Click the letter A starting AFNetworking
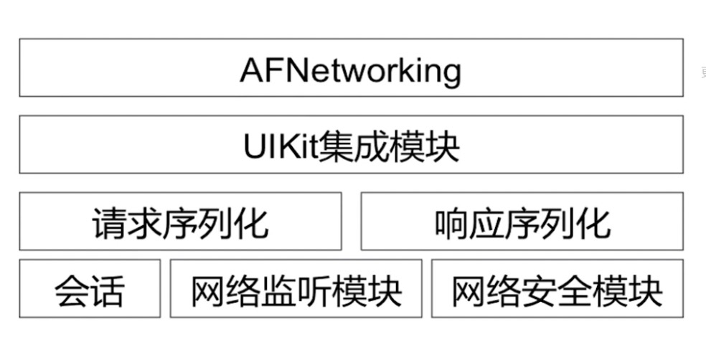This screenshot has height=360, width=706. pos(252,70)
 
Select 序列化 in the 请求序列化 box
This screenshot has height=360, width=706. pos(215,224)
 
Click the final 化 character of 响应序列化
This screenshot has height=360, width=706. pos(594,224)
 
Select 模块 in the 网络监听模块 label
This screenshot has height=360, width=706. pos(367,291)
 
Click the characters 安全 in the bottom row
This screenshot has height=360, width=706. pos(557,291)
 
